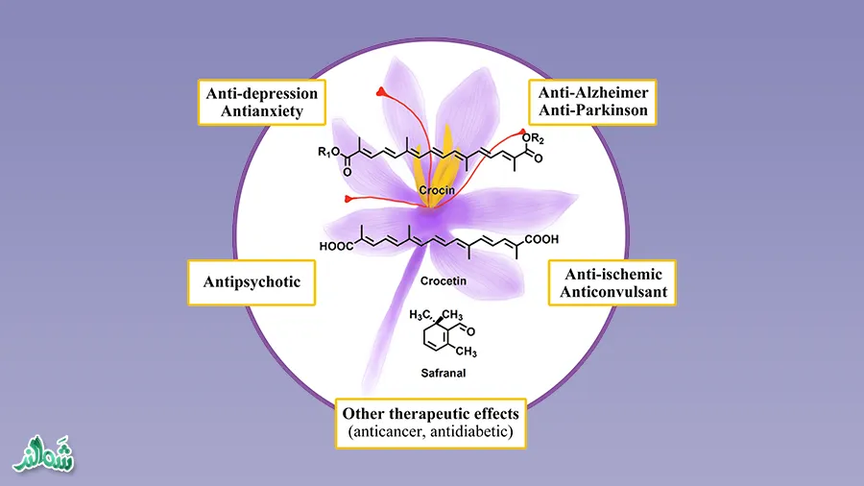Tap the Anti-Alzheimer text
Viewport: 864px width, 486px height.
click(x=592, y=92)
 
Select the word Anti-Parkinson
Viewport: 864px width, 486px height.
click(x=592, y=111)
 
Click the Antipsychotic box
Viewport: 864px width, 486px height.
click(x=252, y=282)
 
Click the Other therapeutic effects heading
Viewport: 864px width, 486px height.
click(x=430, y=413)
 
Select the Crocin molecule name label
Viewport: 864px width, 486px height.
click(x=436, y=191)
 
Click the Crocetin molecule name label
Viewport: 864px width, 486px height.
click(x=442, y=282)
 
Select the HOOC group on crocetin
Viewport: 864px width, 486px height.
click(x=336, y=247)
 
